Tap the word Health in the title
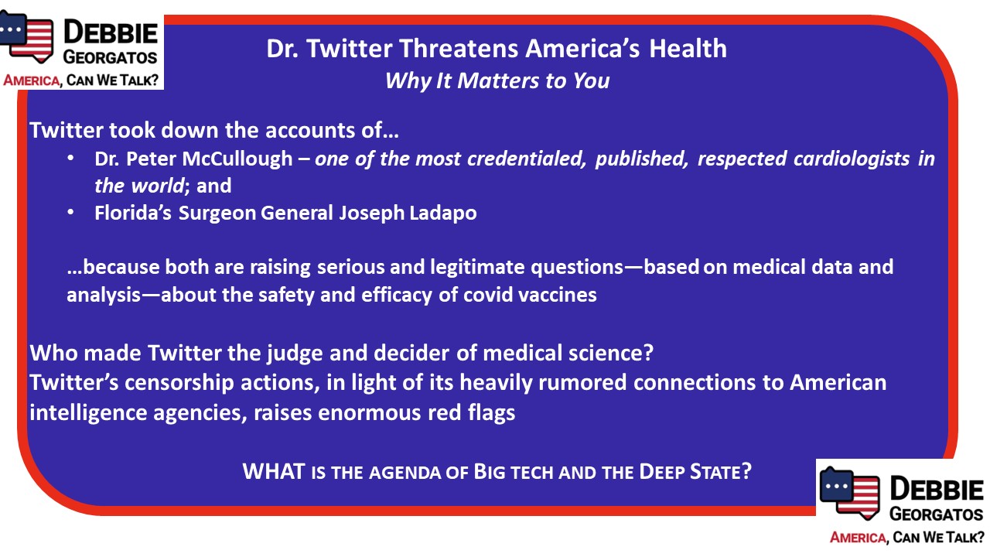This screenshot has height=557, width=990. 688,48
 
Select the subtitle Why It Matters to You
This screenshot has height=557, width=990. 497,81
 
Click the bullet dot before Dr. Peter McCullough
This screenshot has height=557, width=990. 70,159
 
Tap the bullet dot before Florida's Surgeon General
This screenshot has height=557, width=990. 70,213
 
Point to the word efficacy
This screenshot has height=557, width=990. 397,296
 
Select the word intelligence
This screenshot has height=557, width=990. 88,413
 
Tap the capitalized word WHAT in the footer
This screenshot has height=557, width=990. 274,472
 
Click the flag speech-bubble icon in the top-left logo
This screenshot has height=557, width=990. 26,36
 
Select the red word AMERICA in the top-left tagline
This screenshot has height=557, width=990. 32,80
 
